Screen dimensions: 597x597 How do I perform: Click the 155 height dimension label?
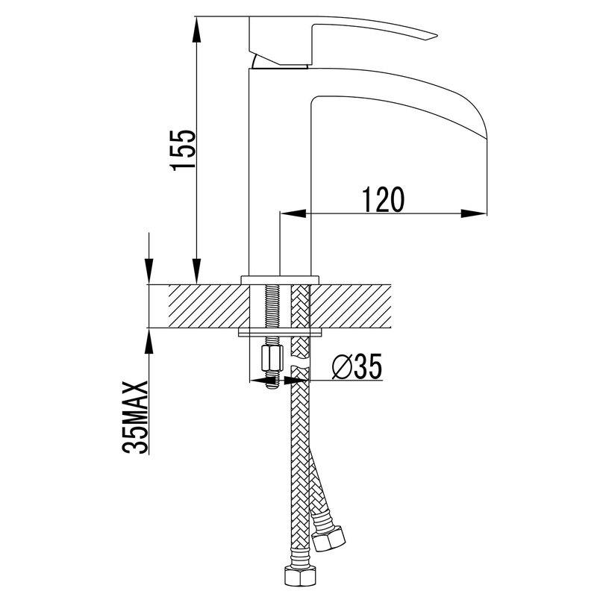[184, 150]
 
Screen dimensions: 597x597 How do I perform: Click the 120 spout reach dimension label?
[382, 199]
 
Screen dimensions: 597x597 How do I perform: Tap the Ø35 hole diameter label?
[357, 366]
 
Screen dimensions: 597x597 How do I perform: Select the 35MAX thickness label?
[135, 417]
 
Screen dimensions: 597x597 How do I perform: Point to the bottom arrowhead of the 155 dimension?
[196, 271]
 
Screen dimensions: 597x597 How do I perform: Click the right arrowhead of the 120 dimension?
[474, 213]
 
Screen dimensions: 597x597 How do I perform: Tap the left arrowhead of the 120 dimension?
[293, 213]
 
